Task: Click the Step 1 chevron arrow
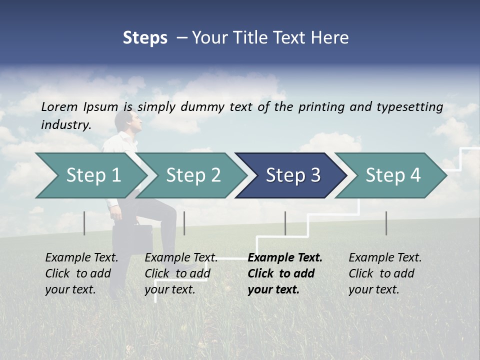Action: pos(93,175)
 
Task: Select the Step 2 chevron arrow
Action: pos(193,175)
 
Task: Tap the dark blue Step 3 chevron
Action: pos(292,175)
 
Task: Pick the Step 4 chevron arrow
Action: pos(392,175)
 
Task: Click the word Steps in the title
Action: pos(145,38)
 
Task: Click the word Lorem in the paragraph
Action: pos(59,106)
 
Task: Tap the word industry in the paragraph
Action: pos(65,124)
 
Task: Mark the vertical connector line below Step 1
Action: pos(84,223)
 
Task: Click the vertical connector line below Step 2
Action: pos(184,223)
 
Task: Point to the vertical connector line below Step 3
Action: pos(285,223)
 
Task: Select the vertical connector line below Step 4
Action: pos(386,223)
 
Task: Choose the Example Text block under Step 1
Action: pos(81,273)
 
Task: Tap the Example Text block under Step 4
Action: pos(385,273)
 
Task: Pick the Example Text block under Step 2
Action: pos(181,273)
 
